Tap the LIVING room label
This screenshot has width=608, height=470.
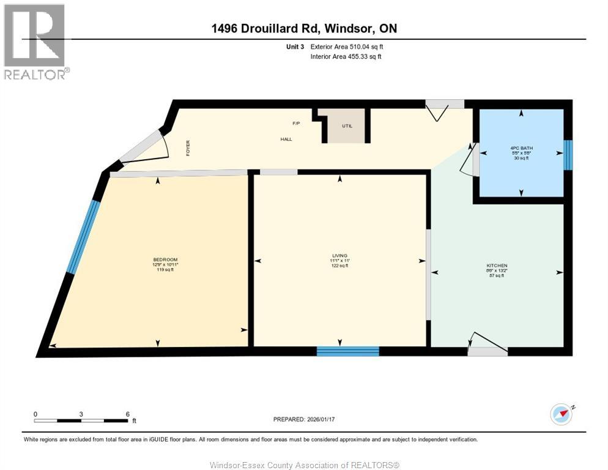click(339, 255)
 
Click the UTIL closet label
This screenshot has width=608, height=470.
click(346, 126)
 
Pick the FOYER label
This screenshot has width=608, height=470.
click(188, 147)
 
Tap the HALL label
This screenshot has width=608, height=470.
click(286, 139)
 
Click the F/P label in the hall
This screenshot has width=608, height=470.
click(296, 124)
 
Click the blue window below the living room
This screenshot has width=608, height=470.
click(347, 351)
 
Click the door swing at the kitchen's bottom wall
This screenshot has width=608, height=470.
click(488, 343)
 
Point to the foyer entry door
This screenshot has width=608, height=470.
click(146, 148)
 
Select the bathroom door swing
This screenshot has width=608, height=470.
click(469, 160)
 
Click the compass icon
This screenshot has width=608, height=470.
click(561, 414)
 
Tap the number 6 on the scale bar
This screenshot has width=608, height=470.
click(127, 414)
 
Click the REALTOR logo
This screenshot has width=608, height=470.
click(34, 41)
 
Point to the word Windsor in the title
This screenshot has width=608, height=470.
click(346, 28)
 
